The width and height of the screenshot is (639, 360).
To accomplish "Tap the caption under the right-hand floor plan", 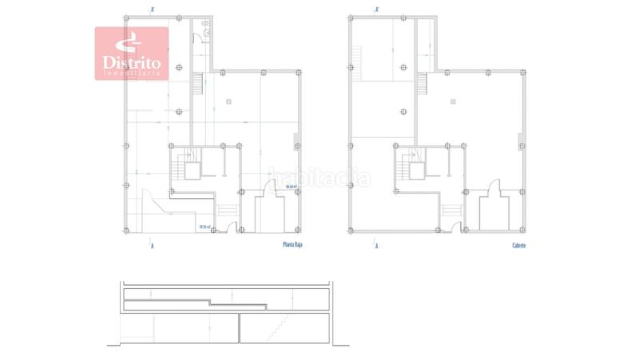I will click(519, 245).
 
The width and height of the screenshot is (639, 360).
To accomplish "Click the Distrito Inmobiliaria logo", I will click(132, 53).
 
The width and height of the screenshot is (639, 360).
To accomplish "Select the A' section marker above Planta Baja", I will click(152, 10).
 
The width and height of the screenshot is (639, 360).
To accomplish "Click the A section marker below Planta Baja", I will click(152, 245).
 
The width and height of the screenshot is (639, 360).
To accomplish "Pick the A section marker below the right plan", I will click(376, 245).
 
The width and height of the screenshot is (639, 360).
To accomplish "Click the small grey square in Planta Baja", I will click(228, 101).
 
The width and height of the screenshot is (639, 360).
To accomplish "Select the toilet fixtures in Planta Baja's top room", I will click(208, 29).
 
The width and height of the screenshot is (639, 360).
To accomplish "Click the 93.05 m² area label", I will click(206, 227).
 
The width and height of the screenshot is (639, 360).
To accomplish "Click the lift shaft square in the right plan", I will click(415, 168).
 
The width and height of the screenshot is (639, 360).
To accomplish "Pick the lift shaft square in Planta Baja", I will click(191, 168).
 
